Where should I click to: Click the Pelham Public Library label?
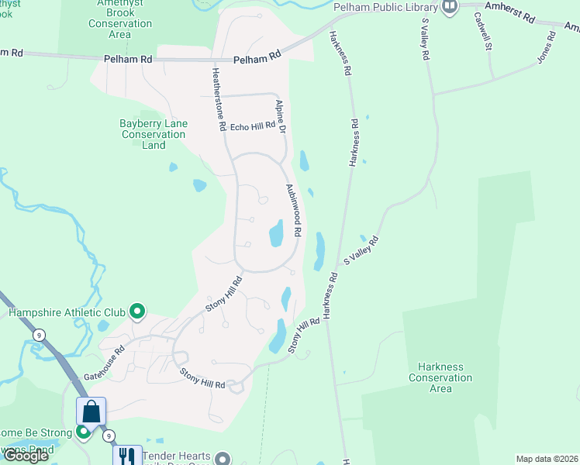385,7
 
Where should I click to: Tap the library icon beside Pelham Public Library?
450,7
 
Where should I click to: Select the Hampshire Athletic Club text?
67,313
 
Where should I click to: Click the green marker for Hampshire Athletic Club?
138,312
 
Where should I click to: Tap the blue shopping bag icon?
91,411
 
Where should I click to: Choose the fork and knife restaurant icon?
127,456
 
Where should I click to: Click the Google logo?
26,456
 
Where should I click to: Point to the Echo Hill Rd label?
253,126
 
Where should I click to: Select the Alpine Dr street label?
281,116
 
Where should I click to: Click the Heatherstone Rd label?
218,98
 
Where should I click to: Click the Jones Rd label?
546,48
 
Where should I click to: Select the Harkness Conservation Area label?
440,377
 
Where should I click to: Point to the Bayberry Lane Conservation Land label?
154,134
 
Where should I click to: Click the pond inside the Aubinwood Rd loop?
275,233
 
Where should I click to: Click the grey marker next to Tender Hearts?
223,458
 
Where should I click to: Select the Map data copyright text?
547,459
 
